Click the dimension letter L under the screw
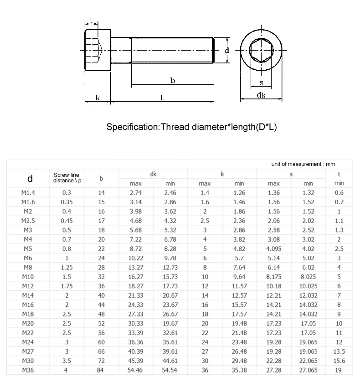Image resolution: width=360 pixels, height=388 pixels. click(x=162, y=98)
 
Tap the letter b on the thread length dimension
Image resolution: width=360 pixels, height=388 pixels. click(x=173, y=80)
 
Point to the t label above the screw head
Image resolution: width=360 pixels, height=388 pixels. click(x=91, y=20)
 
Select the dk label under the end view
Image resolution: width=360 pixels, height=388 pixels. click(x=261, y=95)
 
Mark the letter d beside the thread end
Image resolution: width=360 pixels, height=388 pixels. click(x=227, y=50)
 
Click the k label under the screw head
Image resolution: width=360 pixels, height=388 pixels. click(x=98, y=98)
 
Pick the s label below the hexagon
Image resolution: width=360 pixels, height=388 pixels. click(x=262, y=83)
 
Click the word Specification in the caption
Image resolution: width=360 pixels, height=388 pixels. click(x=133, y=127)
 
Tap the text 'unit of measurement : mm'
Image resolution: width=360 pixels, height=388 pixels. click(x=303, y=164)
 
